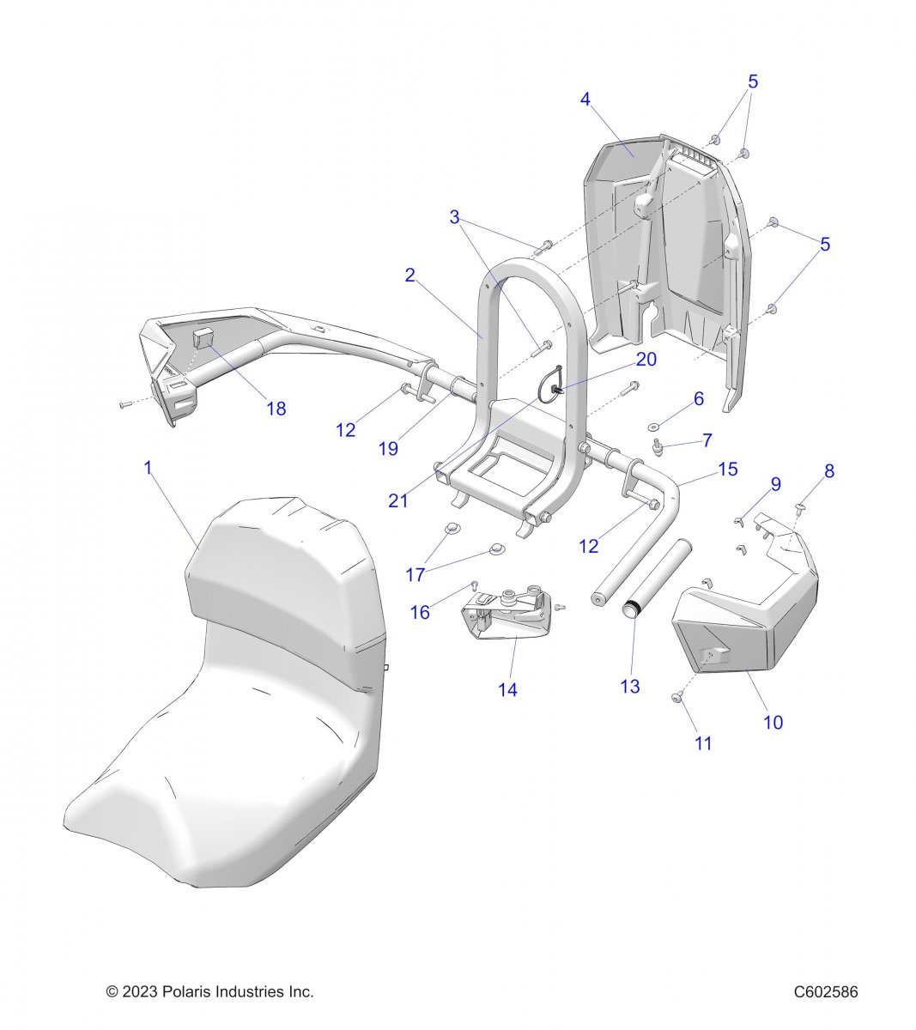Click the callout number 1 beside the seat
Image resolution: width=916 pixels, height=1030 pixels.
click(148, 469)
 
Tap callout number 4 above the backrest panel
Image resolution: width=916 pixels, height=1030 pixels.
click(585, 100)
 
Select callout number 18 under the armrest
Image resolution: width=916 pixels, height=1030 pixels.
click(276, 409)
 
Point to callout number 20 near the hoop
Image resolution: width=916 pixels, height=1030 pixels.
click(646, 359)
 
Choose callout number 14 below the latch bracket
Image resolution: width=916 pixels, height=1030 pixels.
click(507, 688)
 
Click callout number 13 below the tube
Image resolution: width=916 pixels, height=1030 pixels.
click(630, 687)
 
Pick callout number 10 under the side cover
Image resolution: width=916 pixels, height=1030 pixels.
click(773, 722)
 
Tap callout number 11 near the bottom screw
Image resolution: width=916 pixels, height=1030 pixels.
click(703, 743)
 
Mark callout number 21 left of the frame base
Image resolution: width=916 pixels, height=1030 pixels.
click(398, 499)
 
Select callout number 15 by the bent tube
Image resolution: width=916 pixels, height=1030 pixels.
click(728, 469)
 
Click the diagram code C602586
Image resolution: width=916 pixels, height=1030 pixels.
click(825, 992)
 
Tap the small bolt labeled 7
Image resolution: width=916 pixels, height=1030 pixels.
click(659, 446)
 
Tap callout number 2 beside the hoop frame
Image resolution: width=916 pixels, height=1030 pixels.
click(410, 276)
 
